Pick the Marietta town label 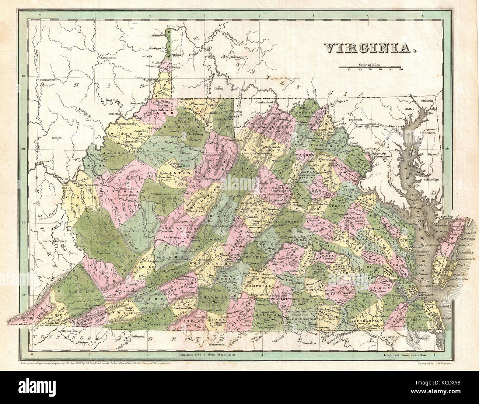tap(114, 114)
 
